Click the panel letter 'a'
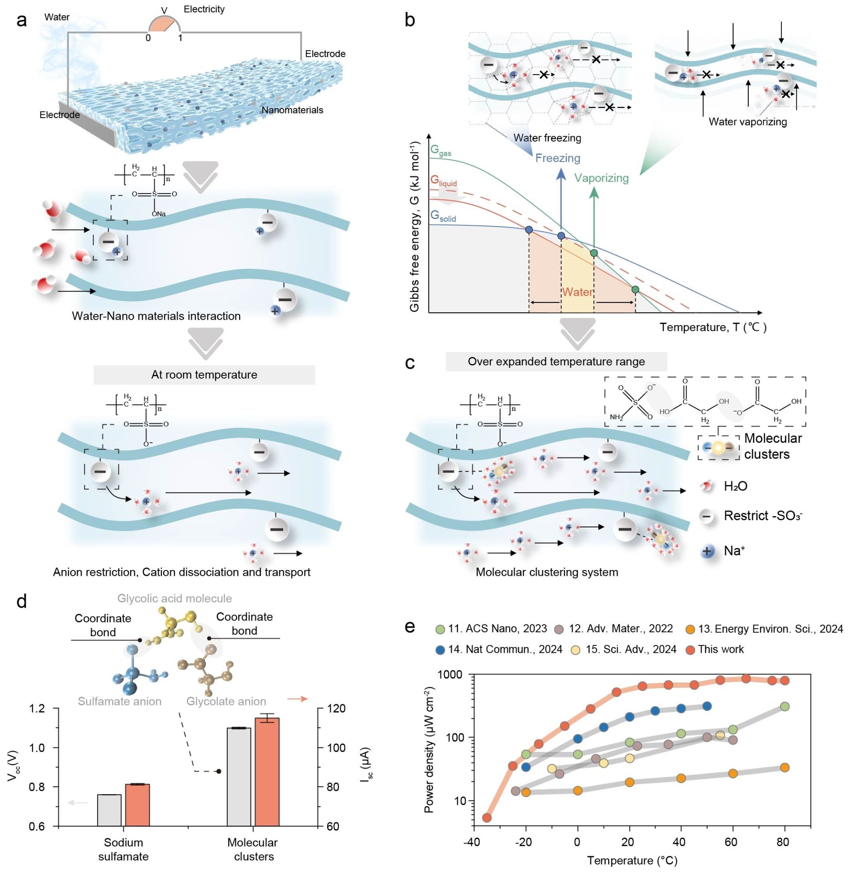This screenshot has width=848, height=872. point(21,20)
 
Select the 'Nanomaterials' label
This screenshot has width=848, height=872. point(292,110)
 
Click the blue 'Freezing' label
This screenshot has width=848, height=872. point(558,158)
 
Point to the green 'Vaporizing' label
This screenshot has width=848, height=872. point(601,178)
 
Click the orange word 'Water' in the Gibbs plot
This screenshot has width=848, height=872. point(577,292)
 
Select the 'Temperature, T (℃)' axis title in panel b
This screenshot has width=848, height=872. point(713,328)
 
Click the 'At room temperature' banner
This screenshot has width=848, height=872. point(204,375)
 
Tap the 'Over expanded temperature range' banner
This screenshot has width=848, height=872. point(556,361)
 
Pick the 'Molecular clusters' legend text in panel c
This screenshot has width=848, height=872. point(773,446)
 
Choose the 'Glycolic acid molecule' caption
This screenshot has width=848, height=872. point(175,599)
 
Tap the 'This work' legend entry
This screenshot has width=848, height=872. point(720,649)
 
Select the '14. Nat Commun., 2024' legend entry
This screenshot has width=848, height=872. point(505,649)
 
